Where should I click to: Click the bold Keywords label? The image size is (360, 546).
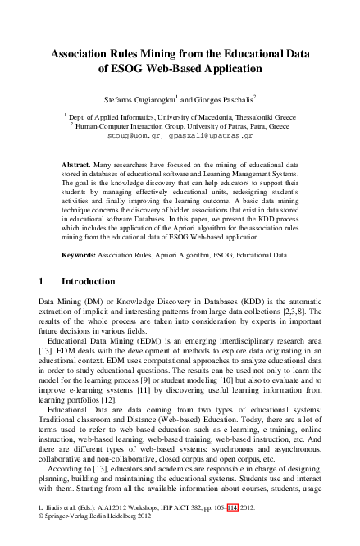click(x=83, y=255)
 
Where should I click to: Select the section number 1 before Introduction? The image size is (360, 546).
click(x=42, y=281)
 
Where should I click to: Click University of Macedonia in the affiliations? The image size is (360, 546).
click(x=203, y=118)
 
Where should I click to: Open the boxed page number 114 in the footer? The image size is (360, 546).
click(x=235, y=530)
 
